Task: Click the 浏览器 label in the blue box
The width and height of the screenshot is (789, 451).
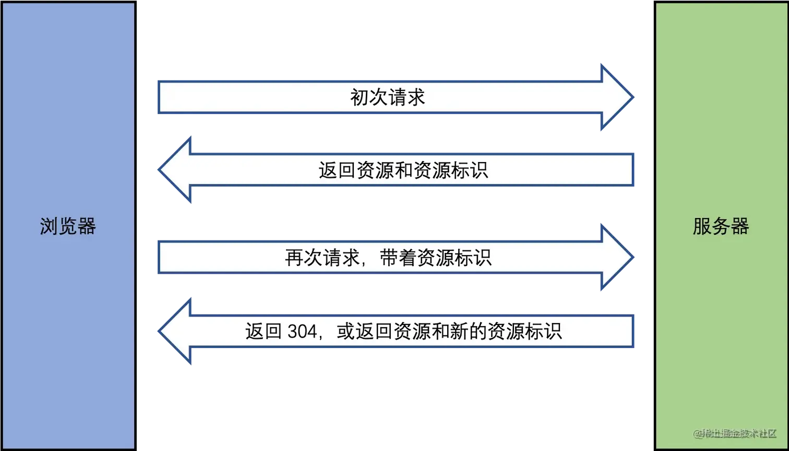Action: click(x=68, y=227)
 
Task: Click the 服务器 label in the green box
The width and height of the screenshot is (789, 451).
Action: click(x=721, y=227)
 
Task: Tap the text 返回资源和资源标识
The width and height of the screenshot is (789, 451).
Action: click(x=403, y=170)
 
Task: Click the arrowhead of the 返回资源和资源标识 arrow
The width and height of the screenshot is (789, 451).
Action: click(x=175, y=170)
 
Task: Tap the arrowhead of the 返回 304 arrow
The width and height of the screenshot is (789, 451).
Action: click(x=175, y=331)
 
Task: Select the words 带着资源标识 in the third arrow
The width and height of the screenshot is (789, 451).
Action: click(x=436, y=258)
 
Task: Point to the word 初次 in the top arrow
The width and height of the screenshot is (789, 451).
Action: click(x=368, y=98)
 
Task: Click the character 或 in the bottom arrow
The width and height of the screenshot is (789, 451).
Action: click(x=345, y=331)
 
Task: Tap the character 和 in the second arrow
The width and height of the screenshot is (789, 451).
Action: click(x=403, y=170)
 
